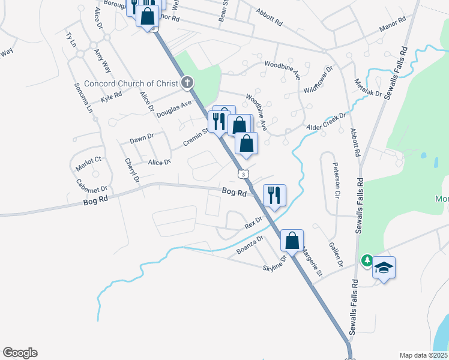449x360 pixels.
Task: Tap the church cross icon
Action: coord(187,82)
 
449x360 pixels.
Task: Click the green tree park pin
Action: coord(366,261)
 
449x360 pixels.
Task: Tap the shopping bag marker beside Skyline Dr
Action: coord(292,241)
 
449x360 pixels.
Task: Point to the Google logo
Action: coord(20,353)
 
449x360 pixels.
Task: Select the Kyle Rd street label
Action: coord(112,96)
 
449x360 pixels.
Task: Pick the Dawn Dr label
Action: coord(142,139)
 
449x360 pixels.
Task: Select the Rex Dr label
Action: coord(254,223)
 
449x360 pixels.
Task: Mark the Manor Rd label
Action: coord(394,26)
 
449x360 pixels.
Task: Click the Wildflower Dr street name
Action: coord(318,80)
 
